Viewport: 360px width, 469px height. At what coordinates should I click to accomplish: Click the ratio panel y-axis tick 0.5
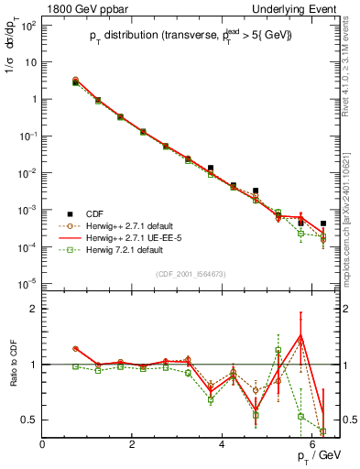(29, 420)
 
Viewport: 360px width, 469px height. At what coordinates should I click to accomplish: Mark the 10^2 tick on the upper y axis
(28, 25)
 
